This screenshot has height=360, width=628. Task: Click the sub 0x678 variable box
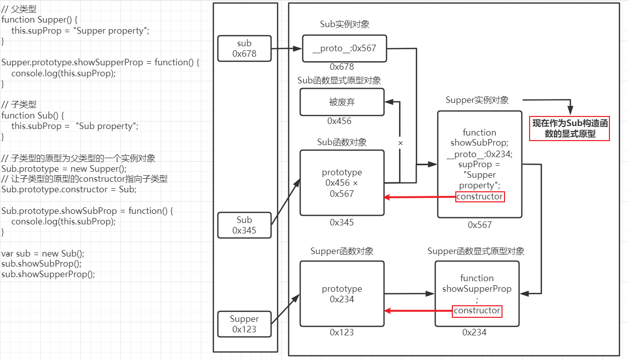coord(244,48)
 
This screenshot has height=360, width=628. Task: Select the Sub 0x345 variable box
coord(244,225)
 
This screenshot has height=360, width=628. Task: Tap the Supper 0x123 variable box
coord(244,324)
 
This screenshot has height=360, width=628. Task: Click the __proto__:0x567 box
coord(344,48)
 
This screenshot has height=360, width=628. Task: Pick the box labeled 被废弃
coord(342,102)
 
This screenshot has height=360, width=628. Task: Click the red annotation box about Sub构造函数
coord(570,129)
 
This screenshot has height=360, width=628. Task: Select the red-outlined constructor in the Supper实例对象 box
coord(479,197)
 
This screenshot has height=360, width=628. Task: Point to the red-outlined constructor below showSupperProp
coord(477,311)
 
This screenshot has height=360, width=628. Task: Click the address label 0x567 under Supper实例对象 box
coord(480,225)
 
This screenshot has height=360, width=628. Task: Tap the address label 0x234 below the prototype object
coord(474,332)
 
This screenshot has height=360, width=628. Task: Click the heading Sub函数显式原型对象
coord(339,80)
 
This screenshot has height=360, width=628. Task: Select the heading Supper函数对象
coord(342,251)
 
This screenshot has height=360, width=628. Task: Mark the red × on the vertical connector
coord(401,143)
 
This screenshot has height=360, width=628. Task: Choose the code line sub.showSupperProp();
coord(48,274)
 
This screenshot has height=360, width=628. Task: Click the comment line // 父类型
coord(19,9)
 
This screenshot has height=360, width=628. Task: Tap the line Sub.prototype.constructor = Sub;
coord(69,189)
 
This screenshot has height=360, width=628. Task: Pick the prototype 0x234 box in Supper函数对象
coord(342,294)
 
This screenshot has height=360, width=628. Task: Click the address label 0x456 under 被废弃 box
coord(339,121)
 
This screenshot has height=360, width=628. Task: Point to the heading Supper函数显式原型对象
coord(476,251)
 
